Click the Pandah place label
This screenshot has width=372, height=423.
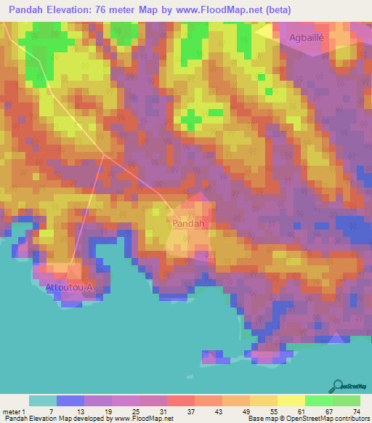(x=187, y=225)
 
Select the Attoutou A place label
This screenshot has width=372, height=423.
(x=70, y=287)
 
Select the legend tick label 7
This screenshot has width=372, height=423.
(x=50, y=411)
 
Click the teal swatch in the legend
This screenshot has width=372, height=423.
(x=42, y=400)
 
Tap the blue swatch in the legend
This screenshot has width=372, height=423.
(x=70, y=400)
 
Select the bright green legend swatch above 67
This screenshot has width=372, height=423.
(x=318, y=400)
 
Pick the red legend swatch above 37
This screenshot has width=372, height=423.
(x=180, y=400)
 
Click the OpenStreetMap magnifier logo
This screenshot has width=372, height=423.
(x=337, y=385)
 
